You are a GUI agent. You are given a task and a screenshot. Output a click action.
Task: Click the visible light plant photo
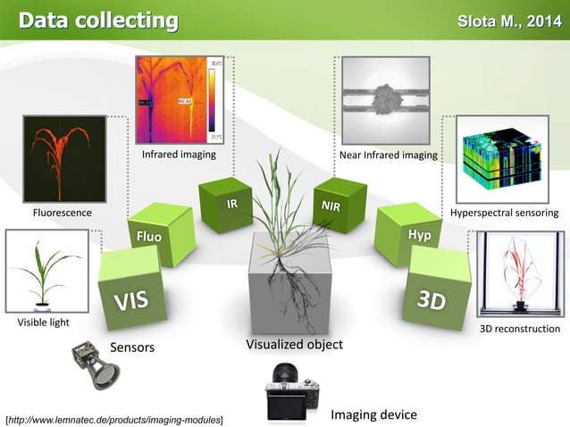pos(47,272)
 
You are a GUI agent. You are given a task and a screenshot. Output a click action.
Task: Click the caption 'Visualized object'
pos(294,344)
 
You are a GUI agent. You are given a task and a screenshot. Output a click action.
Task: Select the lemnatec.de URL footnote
pos(114,418)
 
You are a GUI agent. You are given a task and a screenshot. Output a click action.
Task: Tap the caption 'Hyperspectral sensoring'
pos(505,213)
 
